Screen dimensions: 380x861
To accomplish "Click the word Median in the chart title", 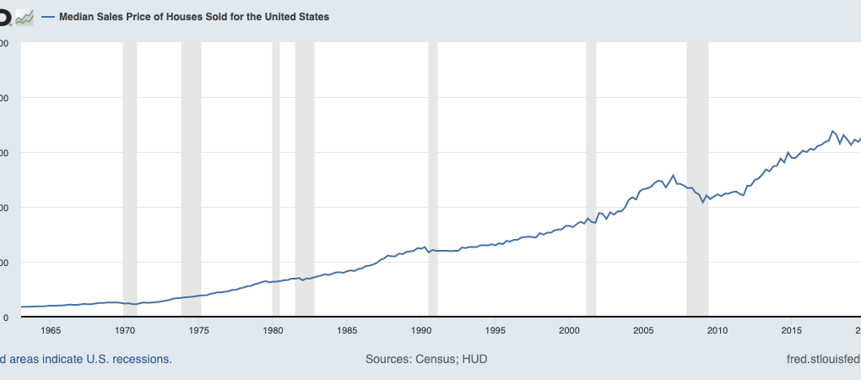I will click(78, 17).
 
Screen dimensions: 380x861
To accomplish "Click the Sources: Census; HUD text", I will click(426, 359).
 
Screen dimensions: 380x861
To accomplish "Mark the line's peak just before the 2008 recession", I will click(673, 175).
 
